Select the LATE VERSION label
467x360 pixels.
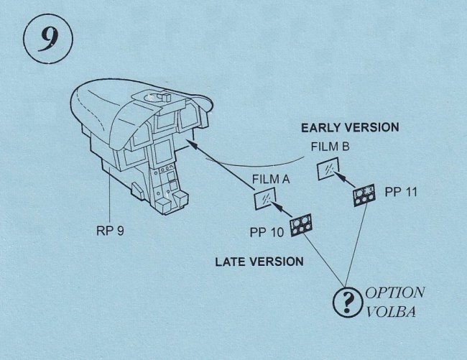pos(259,262)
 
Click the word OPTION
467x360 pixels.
pos(394,293)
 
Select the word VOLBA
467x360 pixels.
pos(392,313)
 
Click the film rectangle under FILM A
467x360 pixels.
pos(264,199)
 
